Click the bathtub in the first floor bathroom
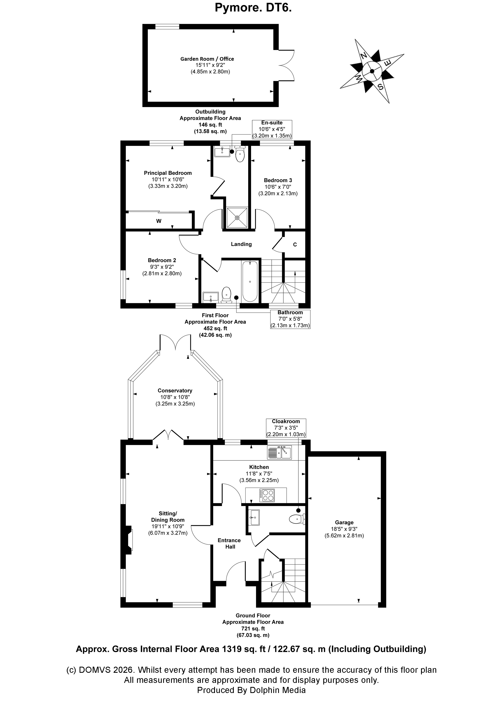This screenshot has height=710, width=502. pos(250,281)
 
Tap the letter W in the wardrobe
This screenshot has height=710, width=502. pos(159,221)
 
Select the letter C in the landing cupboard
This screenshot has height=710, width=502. pos(295,245)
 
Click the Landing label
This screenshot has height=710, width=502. pos(241,244)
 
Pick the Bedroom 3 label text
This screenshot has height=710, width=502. pos(278,180)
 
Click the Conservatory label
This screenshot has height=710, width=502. pos(175,391)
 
